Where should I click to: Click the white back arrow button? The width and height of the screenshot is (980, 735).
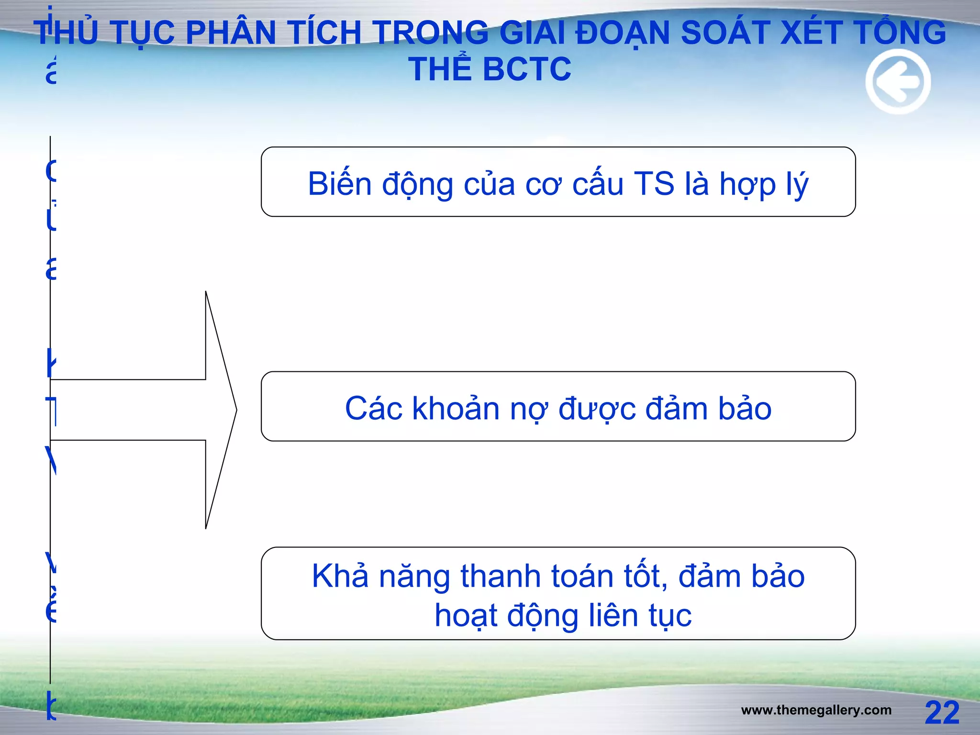pos(898,82)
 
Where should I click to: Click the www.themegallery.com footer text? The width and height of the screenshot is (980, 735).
pos(816,710)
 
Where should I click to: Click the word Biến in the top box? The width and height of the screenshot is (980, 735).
pos(339,184)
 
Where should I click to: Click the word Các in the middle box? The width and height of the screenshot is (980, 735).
pos(374,409)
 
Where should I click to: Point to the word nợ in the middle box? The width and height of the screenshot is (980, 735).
pos(529,410)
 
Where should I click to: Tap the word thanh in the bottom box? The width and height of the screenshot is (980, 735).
pos(501,576)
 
